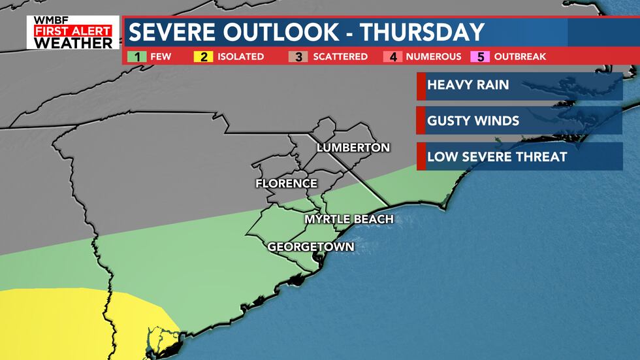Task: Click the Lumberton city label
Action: tap(353, 148)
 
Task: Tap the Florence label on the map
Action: tap(286, 184)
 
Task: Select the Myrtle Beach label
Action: tap(349, 219)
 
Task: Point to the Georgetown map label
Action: tap(311, 247)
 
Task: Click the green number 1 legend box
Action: tap(138, 57)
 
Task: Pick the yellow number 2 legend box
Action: tap(204, 57)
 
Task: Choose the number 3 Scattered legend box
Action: tap(298, 57)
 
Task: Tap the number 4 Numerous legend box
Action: tap(394, 57)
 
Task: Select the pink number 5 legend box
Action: tap(481, 57)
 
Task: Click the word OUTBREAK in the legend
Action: tap(520, 57)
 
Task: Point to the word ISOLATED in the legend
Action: tap(241, 57)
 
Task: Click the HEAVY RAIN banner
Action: tap(519, 85)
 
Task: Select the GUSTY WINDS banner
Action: tap(519, 121)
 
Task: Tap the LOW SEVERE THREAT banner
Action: tap(519, 157)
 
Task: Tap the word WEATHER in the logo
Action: tap(73, 42)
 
